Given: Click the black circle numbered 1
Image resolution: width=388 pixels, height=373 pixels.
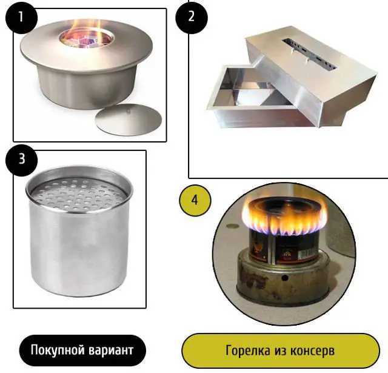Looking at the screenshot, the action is pos(21,18).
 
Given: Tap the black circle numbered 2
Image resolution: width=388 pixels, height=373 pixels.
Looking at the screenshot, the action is pos(192,17).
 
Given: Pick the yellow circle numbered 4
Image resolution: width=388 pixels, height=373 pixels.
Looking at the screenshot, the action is pos(195,201).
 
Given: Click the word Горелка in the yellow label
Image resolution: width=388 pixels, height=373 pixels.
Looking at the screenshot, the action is pos(244,351).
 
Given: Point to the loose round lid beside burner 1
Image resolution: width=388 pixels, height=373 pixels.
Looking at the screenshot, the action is pos(128,119).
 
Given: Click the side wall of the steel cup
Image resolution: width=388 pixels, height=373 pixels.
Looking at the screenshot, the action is pos(79,250).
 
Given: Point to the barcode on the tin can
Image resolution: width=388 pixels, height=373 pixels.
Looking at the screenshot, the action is pos(307,254).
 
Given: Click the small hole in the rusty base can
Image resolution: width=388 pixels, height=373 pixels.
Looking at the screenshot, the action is pos(284,278).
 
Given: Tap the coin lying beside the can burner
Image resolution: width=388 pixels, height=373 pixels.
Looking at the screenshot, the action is pos(232,226).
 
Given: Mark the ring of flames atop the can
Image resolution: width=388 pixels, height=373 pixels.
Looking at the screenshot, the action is pos(284,218).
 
